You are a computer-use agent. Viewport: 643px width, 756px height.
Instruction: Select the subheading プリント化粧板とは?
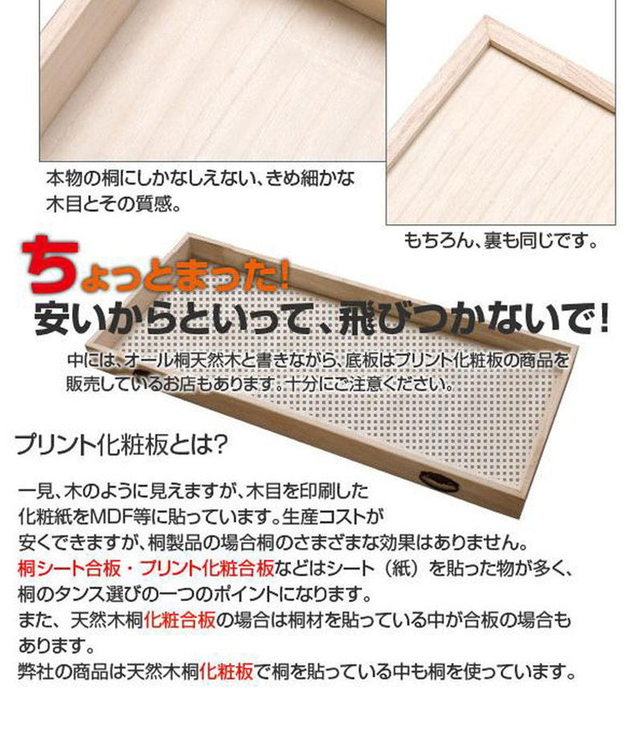click(123, 443)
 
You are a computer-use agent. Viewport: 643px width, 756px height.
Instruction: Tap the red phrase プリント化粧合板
click(207, 570)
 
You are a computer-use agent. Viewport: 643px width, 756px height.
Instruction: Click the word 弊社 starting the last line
click(34, 672)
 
